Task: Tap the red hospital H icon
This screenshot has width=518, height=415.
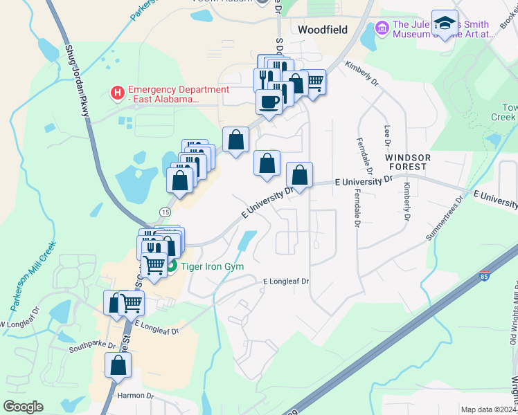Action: pyautogui.click(x=118, y=91)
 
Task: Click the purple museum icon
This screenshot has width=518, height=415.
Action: pyautogui.click(x=382, y=28)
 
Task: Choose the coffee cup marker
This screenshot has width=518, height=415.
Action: pyautogui.click(x=269, y=102)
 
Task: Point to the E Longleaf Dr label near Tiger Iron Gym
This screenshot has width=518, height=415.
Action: pyautogui.click(x=285, y=282)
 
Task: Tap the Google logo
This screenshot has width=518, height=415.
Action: pyautogui.click(x=23, y=407)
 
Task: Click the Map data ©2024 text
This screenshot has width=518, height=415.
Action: pyautogui.click(x=488, y=409)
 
